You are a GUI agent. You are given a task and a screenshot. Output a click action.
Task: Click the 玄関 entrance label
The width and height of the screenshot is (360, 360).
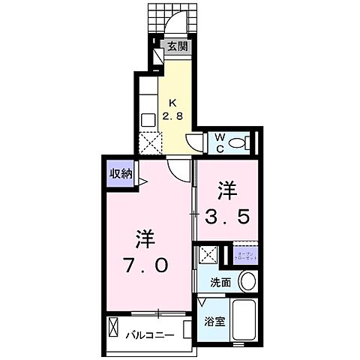(x=177, y=45)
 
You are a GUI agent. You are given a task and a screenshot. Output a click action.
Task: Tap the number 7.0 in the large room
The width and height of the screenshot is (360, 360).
(x=147, y=265)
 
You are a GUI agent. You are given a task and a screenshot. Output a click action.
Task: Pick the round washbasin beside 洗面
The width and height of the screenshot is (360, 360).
(x=247, y=282)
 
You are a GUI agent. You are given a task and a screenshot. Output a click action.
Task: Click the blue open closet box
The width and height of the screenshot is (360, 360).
(x=246, y=256)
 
